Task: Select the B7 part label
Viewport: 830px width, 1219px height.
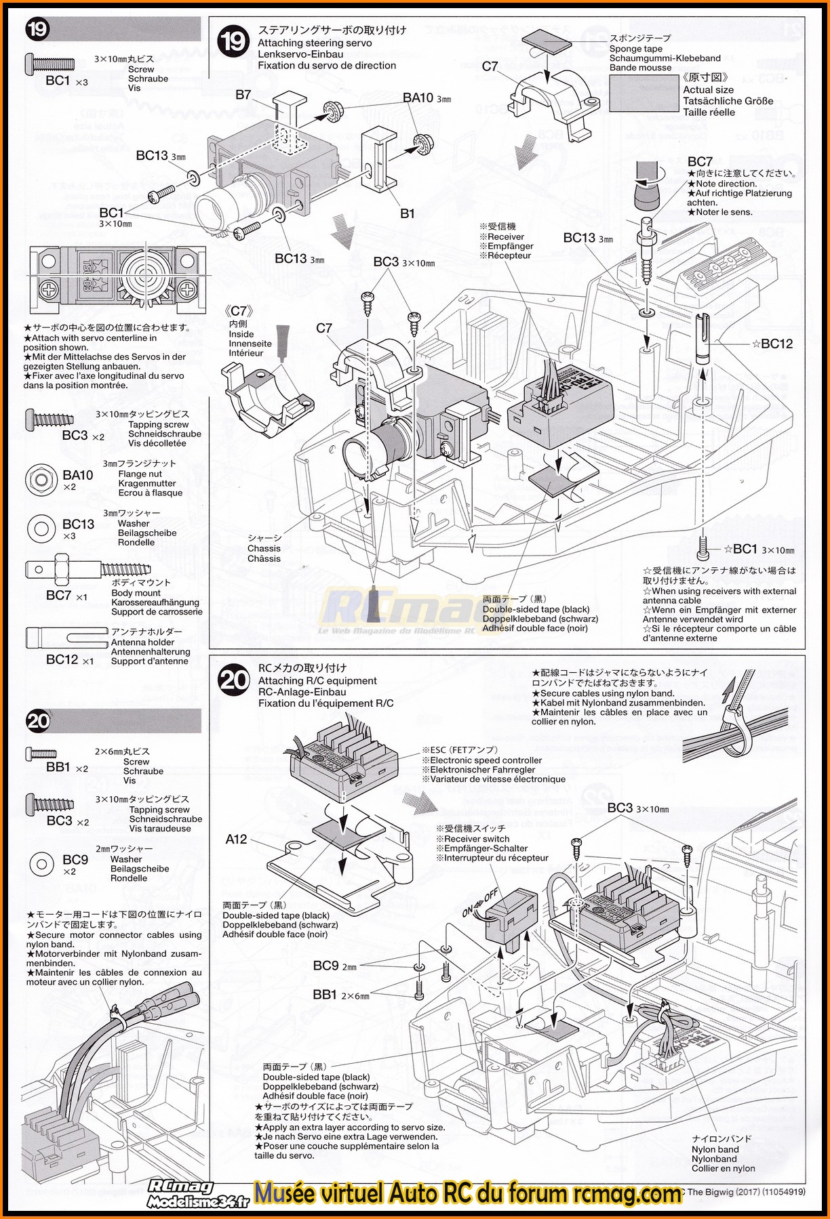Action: tap(243, 95)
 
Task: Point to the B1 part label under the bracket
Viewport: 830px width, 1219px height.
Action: tap(407, 213)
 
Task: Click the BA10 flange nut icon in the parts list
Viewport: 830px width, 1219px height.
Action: tap(41, 479)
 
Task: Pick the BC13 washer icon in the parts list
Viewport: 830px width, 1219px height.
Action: tap(41, 528)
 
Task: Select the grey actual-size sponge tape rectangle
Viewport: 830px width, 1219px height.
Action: tap(644, 93)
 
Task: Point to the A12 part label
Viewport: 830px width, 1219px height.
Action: tap(236, 840)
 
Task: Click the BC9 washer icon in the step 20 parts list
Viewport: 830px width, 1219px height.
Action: tap(42, 864)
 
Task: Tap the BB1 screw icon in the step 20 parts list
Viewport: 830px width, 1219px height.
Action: tap(41, 753)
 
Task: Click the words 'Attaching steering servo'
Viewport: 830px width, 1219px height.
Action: tap(315, 43)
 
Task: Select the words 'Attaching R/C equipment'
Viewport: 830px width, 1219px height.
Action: tap(317, 681)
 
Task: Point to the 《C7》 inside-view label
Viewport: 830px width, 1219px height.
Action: tap(241, 311)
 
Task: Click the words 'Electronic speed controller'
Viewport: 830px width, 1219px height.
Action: tap(486, 760)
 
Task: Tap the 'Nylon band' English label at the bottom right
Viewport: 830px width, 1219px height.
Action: tap(715, 1149)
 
